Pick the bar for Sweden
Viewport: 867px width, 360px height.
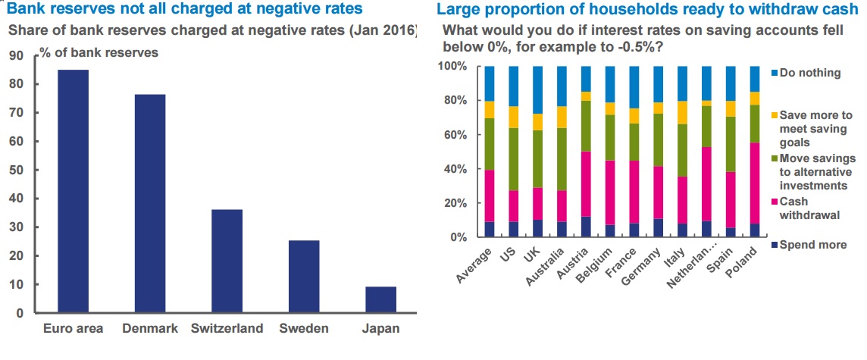pyautogui.click(x=303, y=276)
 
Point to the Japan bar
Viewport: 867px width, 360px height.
pyautogui.click(x=380, y=299)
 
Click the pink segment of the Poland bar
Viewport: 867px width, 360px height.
pyautogui.click(x=755, y=183)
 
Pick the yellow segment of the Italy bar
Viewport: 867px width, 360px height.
pyautogui.click(x=683, y=112)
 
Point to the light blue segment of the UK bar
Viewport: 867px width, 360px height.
pyautogui.click(x=538, y=89)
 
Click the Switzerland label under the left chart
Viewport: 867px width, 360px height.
pyautogui.click(x=227, y=328)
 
